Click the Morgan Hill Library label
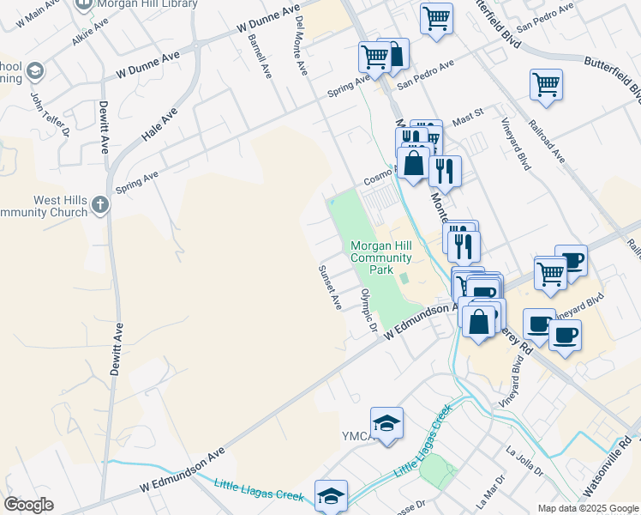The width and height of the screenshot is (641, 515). (148, 4)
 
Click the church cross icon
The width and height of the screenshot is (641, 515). (100, 204)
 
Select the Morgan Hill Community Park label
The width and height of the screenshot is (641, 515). (381, 257)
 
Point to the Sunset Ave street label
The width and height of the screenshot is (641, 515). (330, 287)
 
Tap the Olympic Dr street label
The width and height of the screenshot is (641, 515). (369, 310)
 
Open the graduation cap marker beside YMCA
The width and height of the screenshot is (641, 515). (386, 423)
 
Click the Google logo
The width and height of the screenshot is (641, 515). (28, 504)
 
